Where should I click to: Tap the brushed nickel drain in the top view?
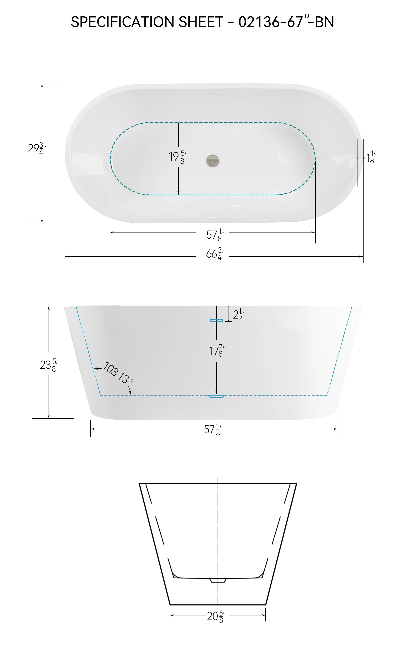(212, 161)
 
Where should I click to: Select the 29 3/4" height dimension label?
(37, 149)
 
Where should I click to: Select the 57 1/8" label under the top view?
(215, 235)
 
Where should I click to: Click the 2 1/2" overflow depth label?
(238, 315)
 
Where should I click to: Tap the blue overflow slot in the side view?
(216, 320)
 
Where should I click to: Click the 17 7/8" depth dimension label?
(216, 351)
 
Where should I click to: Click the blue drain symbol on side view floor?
(216, 396)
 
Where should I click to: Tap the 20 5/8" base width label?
(216, 616)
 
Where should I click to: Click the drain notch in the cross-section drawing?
(218, 580)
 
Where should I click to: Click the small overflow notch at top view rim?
(214, 94)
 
